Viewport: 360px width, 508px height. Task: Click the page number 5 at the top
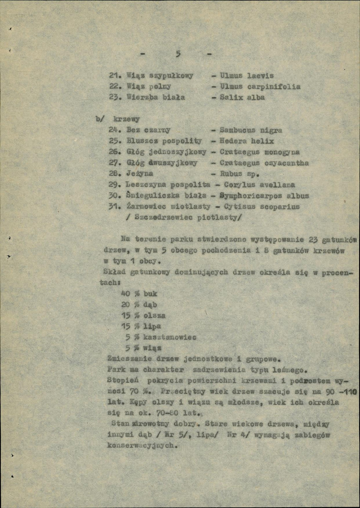[x=178, y=54]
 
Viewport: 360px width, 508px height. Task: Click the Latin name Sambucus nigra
[x=251, y=130]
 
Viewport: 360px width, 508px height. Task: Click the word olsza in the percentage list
[x=154, y=316]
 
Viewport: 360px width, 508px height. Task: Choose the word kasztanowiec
[x=170, y=338]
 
